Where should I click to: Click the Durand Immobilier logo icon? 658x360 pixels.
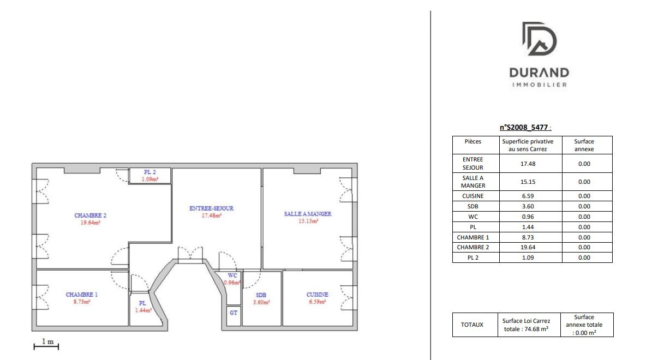click(x=539, y=39)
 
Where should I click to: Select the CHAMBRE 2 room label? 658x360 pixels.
click(x=90, y=215)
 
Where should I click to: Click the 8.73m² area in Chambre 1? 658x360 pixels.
click(x=82, y=301)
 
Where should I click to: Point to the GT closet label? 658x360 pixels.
click(x=234, y=313)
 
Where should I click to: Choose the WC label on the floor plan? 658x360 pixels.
click(x=232, y=275)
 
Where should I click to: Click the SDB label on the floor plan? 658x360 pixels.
click(x=260, y=295)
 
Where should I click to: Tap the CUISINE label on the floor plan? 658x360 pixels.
click(x=317, y=295)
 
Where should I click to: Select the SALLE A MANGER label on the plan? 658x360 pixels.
click(x=307, y=214)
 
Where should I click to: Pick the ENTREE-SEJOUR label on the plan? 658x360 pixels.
click(x=212, y=208)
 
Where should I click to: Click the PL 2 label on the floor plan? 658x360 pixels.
click(x=150, y=172)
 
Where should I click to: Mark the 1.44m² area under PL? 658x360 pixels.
click(x=143, y=310)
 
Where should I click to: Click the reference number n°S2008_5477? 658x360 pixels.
click(x=524, y=128)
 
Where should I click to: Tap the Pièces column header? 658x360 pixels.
click(x=473, y=141)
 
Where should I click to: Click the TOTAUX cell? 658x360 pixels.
click(x=472, y=325)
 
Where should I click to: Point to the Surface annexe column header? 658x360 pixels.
click(x=584, y=145)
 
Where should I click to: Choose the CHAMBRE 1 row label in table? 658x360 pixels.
click(x=472, y=237)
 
